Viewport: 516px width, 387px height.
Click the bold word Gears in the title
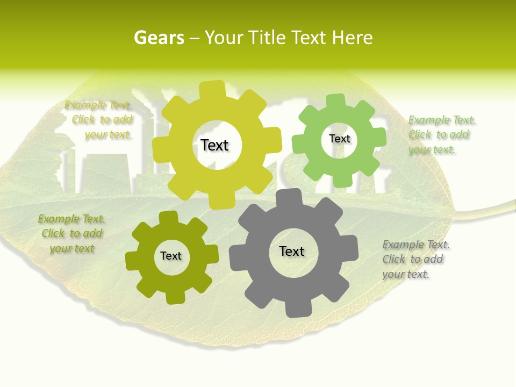(x=159, y=38)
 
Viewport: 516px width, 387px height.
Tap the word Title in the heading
(x=266, y=38)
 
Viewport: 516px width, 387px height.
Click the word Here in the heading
(x=352, y=38)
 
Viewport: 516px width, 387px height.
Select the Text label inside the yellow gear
(x=214, y=145)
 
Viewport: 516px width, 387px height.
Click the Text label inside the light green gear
(x=339, y=139)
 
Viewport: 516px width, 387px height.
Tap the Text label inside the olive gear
(x=171, y=256)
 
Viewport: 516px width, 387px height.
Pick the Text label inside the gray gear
(x=292, y=251)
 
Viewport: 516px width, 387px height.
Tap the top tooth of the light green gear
(x=336, y=101)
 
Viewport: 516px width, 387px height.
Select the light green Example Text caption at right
(x=441, y=135)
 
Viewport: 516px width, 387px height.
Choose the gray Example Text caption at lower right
(x=415, y=260)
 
